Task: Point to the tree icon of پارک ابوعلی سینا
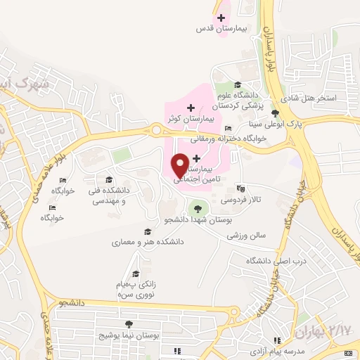coord(274,113)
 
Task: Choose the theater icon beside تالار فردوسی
coord(242,188)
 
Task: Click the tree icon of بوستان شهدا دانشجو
coord(197,208)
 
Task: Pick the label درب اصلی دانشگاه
coord(267,261)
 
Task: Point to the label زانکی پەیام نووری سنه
coord(136,288)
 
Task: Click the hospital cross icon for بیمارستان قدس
coord(221,18)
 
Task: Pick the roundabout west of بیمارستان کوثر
coord(157,129)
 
